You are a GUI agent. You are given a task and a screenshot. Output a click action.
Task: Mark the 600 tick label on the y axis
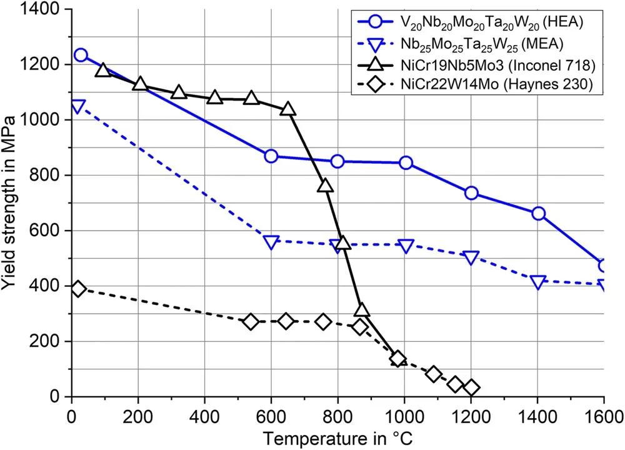47,231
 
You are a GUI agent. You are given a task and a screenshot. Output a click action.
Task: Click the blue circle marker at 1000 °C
406,162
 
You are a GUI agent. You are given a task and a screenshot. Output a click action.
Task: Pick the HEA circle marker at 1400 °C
538,214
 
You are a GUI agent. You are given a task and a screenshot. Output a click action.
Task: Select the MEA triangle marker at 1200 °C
471,257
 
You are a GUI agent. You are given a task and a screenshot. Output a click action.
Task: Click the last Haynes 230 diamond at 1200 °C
472,387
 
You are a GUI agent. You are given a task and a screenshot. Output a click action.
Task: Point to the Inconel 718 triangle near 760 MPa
325,186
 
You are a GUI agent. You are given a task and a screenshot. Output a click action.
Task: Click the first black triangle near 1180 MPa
103,70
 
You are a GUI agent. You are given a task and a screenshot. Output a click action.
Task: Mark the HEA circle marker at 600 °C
271,156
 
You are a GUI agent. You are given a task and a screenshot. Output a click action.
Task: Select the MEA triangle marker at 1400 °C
538,282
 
